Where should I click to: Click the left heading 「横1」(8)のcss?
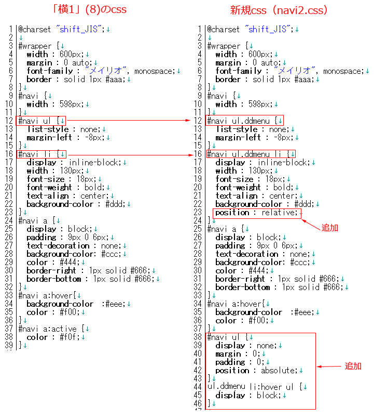[89, 10]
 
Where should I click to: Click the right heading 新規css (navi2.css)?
[279, 10]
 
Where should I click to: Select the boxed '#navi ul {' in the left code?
[41, 121]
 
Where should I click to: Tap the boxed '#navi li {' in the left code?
[42, 154]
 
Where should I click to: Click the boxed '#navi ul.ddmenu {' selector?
[244, 121]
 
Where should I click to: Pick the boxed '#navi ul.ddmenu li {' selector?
[251, 154]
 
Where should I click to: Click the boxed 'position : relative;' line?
[257, 213]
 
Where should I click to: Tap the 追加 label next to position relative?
[329, 228]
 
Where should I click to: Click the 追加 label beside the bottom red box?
[353, 366]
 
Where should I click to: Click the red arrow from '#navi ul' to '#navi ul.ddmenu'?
[129, 121]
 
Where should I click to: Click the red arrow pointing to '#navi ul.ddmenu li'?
[130, 155]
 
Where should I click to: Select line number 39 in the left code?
[9, 345]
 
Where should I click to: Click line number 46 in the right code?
[198, 403]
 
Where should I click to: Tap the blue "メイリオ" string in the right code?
[295, 71]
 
